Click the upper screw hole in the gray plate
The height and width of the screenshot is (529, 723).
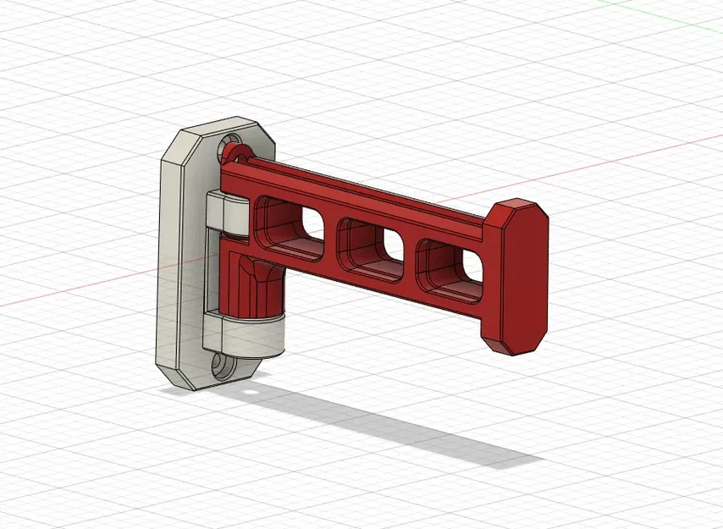click(230, 147)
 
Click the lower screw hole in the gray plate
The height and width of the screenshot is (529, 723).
click(223, 367)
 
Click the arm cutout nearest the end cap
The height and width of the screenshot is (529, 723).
click(449, 262)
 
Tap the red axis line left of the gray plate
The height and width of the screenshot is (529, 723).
click(76, 288)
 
